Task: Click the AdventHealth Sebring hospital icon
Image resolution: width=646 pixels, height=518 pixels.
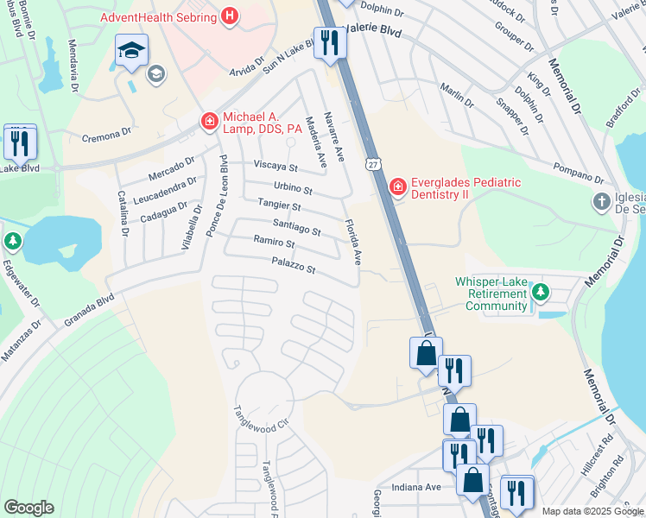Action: click(230, 16)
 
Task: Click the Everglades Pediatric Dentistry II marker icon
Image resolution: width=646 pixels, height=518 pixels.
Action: click(396, 186)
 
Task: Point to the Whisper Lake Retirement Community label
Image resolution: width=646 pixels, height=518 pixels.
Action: click(491, 294)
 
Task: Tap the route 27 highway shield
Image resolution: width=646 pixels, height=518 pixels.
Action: click(372, 164)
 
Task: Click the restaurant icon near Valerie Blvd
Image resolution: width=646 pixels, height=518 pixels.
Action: click(328, 43)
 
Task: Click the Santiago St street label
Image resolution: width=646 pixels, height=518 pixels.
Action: click(296, 227)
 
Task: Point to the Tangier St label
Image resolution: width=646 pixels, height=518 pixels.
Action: click(278, 206)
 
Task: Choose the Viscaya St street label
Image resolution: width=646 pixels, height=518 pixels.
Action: click(275, 167)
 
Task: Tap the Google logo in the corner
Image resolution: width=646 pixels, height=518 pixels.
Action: click(28, 508)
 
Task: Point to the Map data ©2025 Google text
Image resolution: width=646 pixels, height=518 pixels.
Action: click(592, 511)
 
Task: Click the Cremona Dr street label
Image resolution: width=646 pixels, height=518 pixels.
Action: click(107, 135)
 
